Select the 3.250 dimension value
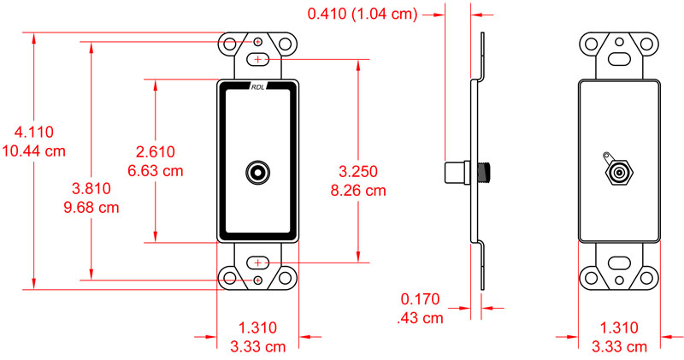(x=359, y=171)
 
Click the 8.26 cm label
(x=359, y=190)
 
